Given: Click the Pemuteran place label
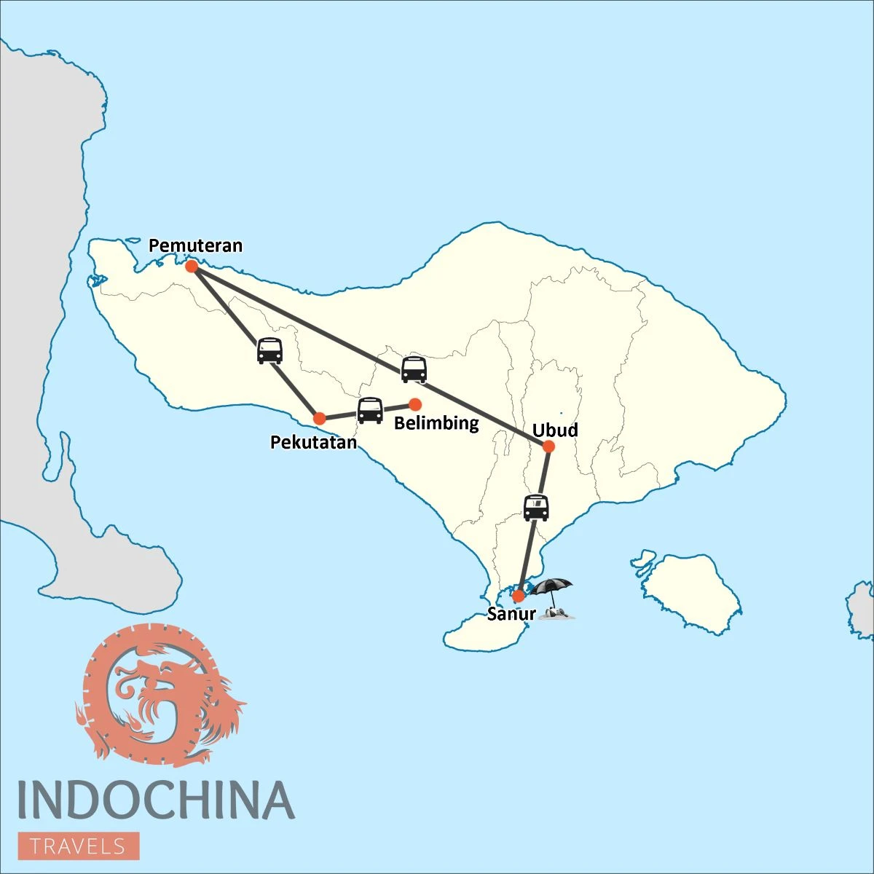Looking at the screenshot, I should pyautogui.click(x=195, y=245).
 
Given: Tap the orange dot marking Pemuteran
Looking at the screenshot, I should pyautogui.click(x=192, y=267).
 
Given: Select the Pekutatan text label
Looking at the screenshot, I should pyautogui.click(x=313, y=442).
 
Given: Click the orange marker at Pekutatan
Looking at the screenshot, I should pyautogui.click(x=319, y=419).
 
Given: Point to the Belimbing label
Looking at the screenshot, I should pyautogui.click(x=436, y=423).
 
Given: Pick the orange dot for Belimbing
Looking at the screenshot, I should pyautogui.click(x=415, y=404).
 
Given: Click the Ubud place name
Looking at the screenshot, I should pyautogui.click(x=555, y=430).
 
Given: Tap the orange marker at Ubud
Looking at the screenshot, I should pyautogui.click(x=548, y=446).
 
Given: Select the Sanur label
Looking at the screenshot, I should pyautogui.click(x=511, y=614).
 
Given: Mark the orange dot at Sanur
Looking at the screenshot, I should pyautogui.click(x=518, y=597).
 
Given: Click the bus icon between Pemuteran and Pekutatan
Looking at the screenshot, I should pyautogui.click(x=269, y=350).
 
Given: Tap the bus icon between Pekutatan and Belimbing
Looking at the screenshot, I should pyautogui.click(x=370, y=411).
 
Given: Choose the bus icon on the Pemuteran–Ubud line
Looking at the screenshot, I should pyautogui.click(x=414, y=369).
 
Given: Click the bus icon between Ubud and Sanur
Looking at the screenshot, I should pyautogui.click(x=536, y=508).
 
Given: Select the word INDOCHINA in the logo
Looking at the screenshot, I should pyautogui.click(x=156, y=800).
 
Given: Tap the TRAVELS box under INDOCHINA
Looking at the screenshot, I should pyautogui.click(x=78, y=846).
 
